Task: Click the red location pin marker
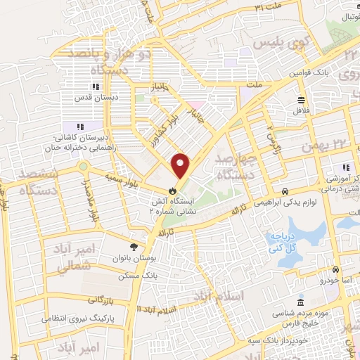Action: point(181,165)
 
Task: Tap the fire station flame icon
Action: point(172,191)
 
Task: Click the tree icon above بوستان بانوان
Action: point(134,245)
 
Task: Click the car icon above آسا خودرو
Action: point(336,270)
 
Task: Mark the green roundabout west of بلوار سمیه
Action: point(84,167)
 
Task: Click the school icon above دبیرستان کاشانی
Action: point(79,127)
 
